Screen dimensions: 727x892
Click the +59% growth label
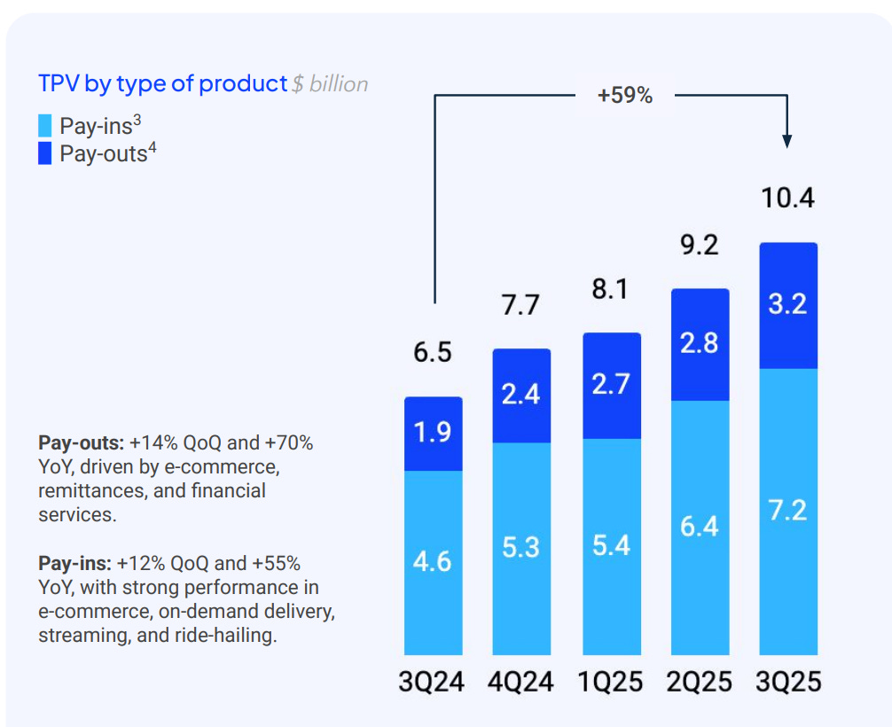[x=625, y=96]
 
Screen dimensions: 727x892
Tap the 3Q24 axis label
[x=432, y=682]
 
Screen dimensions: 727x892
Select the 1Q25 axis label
[x=610, y=682]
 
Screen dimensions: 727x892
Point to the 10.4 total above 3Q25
[x=787, y=198]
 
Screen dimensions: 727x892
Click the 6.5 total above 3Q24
[x=432, y=352]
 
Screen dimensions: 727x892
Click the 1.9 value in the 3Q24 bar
[x=432, y=433]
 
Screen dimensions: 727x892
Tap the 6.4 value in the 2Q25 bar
[x=700, y=527]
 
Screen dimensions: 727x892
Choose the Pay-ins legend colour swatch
[x=45, y=126]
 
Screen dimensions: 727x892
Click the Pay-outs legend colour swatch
[x=45, y=153]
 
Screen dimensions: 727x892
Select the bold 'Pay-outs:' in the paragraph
[x=81, y=442]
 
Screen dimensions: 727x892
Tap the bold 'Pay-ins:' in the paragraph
[x=75, y=563]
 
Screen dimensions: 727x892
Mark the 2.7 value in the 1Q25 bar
[x=610, y=385]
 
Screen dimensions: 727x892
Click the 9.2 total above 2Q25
[x=700, y=245]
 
